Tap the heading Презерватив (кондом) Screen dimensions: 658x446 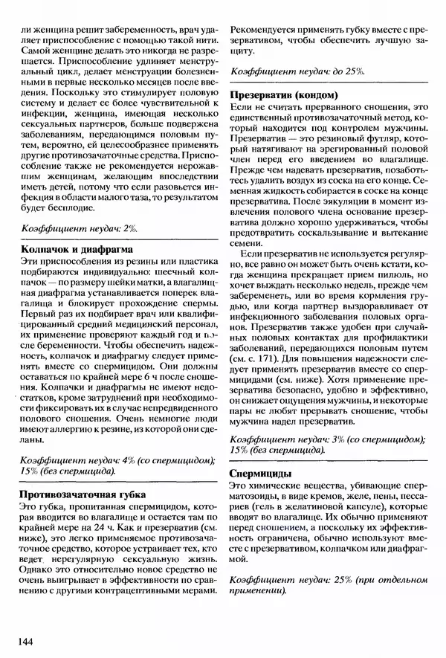point(285,95)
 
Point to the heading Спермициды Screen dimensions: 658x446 point(261,474)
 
